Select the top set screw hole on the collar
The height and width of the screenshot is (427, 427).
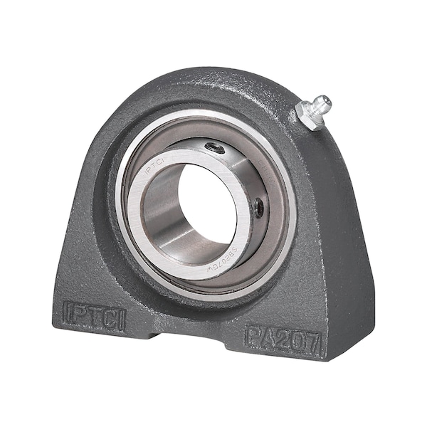215,148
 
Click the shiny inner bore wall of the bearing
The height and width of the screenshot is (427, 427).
164,228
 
